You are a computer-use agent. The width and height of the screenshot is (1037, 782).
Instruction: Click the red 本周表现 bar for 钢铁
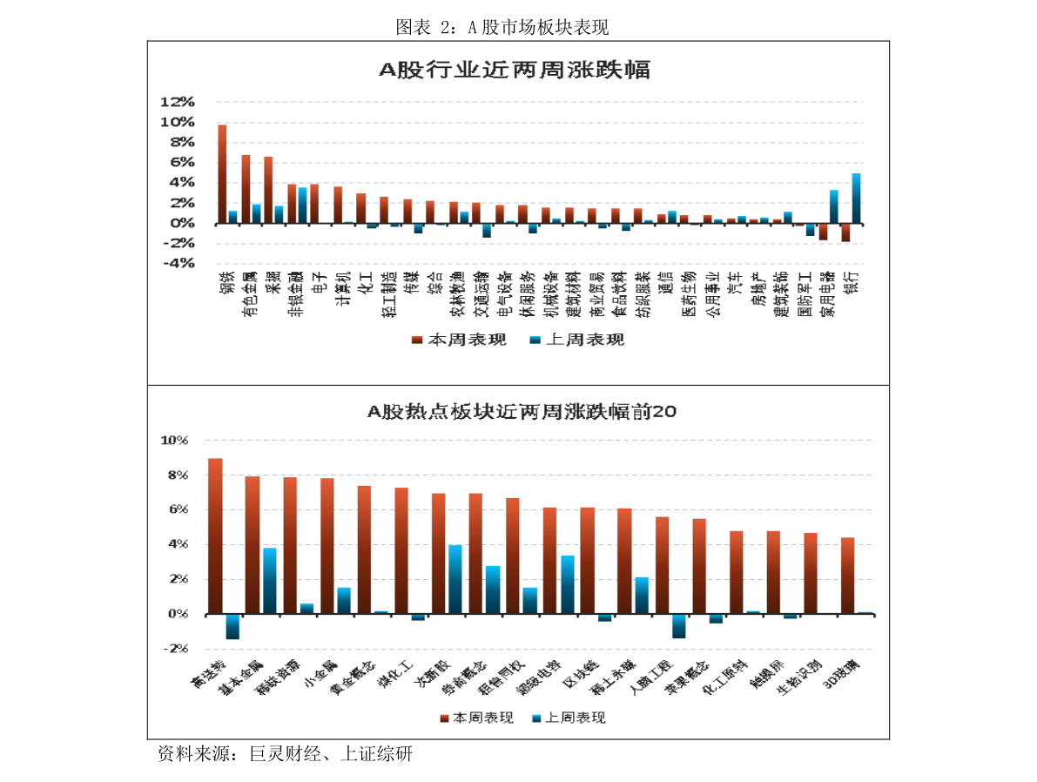[222, 174]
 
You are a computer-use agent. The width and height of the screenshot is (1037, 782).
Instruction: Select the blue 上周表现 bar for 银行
[856, 199]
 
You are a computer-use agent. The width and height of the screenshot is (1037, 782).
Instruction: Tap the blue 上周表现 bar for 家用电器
[833, 206]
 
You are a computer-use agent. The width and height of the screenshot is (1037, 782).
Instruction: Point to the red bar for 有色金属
[246, 189]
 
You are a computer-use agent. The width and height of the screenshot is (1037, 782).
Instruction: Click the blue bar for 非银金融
[302, 206]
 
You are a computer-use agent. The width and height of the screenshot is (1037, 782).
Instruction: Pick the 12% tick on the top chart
[177, 102]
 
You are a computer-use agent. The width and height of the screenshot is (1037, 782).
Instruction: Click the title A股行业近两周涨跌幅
[515, 71]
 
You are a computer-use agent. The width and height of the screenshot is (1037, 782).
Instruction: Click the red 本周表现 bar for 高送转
[215, 536]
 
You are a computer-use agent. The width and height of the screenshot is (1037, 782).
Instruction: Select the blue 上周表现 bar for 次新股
[455, 580]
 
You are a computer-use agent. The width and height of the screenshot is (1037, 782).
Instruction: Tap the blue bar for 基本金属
[270, 581]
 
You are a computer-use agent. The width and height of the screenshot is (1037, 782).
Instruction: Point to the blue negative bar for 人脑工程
[679, 626]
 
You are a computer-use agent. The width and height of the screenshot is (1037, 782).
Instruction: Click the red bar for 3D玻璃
[847, 576]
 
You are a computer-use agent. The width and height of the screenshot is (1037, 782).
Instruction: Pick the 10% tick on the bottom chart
[174, 441]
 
